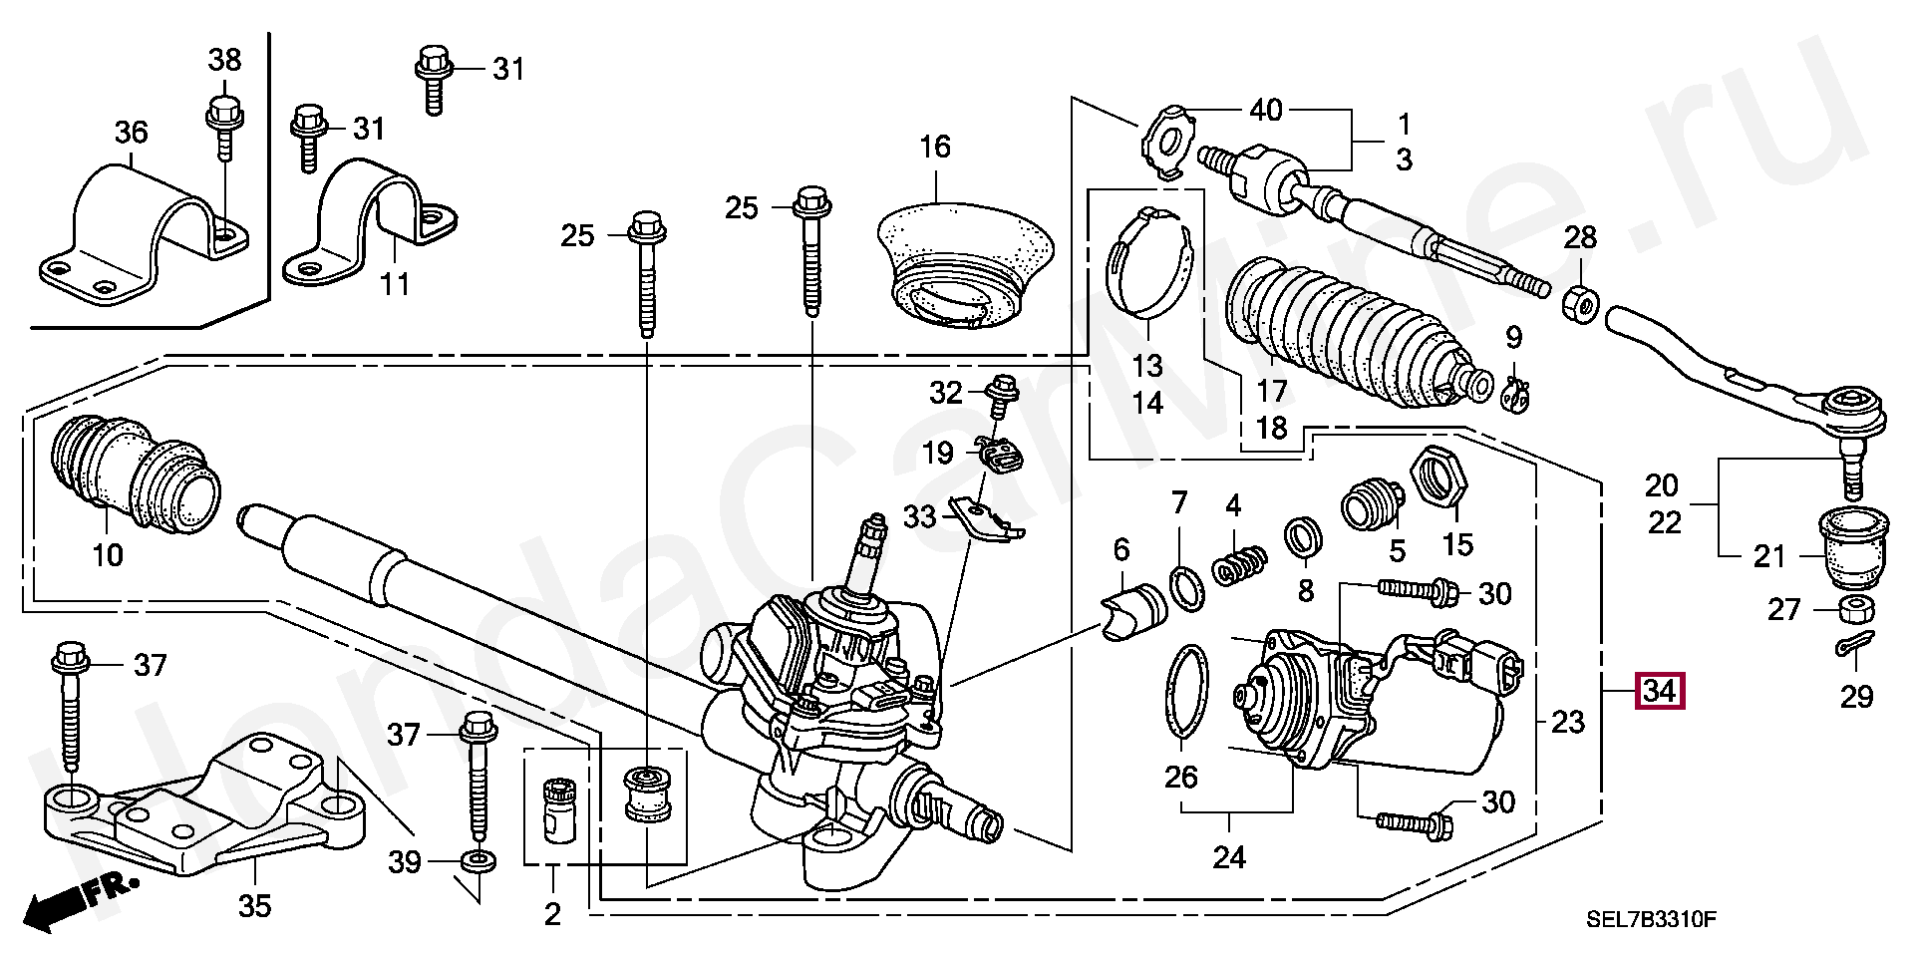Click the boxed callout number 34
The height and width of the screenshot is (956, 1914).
click(x=1660, y=691)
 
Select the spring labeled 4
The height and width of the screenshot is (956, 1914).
click(x=1239, y=564)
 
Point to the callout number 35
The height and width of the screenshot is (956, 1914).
click(x=254, y=906)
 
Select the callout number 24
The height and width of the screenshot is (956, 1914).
click(x=1229, y=856)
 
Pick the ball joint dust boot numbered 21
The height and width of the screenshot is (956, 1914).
click(x=1847, y=546)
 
